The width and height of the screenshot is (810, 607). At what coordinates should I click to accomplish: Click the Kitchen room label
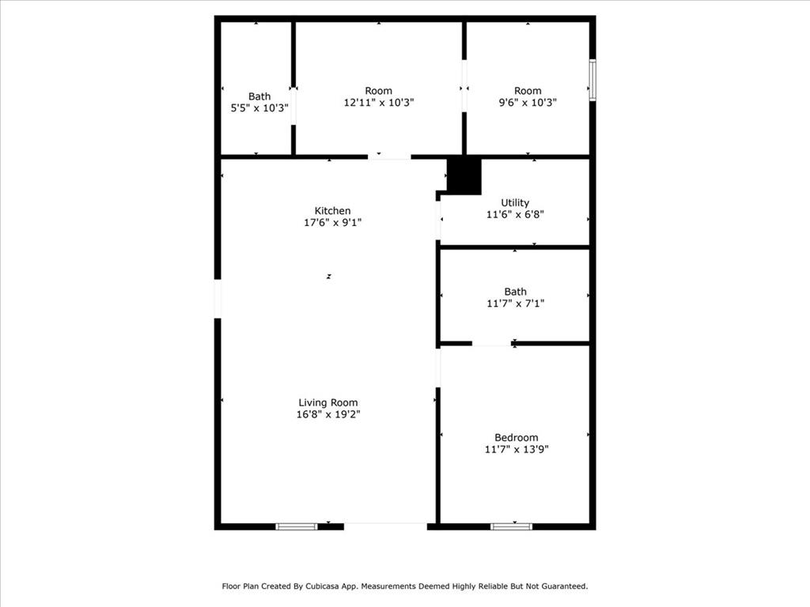coord(333,210)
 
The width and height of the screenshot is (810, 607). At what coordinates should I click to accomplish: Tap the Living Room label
coord(328,402)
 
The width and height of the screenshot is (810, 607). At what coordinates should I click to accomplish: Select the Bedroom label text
coord(516,438)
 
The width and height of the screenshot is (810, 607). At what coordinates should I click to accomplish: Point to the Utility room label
coord(515,203)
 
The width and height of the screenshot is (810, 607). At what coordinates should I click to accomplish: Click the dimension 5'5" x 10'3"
coord(259,108)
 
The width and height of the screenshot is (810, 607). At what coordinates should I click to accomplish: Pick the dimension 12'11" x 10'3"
coord(379,103)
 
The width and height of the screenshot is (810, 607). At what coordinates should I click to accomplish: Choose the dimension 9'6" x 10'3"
coord(528,103)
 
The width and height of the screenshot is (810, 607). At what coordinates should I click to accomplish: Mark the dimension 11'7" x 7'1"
coord(516,303)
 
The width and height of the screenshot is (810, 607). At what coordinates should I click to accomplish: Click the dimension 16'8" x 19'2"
coord(328,414)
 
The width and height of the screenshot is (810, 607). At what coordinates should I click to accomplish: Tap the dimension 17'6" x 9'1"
coord(333,222)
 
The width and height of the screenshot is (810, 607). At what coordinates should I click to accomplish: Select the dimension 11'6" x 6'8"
coord(515,214)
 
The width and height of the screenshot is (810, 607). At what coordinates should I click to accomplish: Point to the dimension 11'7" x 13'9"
coord(516,450)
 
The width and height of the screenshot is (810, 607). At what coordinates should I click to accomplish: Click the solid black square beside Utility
coord(464,176)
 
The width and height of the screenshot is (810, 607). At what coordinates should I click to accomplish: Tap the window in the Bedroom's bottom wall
coord(511,526)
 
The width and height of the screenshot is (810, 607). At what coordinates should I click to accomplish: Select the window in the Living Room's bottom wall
coord(297,526)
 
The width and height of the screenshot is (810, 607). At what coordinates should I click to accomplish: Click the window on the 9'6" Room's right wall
coord(592,80)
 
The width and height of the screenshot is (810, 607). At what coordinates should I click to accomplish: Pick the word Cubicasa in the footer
coord(323,586)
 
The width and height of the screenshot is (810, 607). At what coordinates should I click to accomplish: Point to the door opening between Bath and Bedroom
coord(492,343)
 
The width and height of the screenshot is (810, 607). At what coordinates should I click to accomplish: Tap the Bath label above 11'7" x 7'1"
coord(516,292)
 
